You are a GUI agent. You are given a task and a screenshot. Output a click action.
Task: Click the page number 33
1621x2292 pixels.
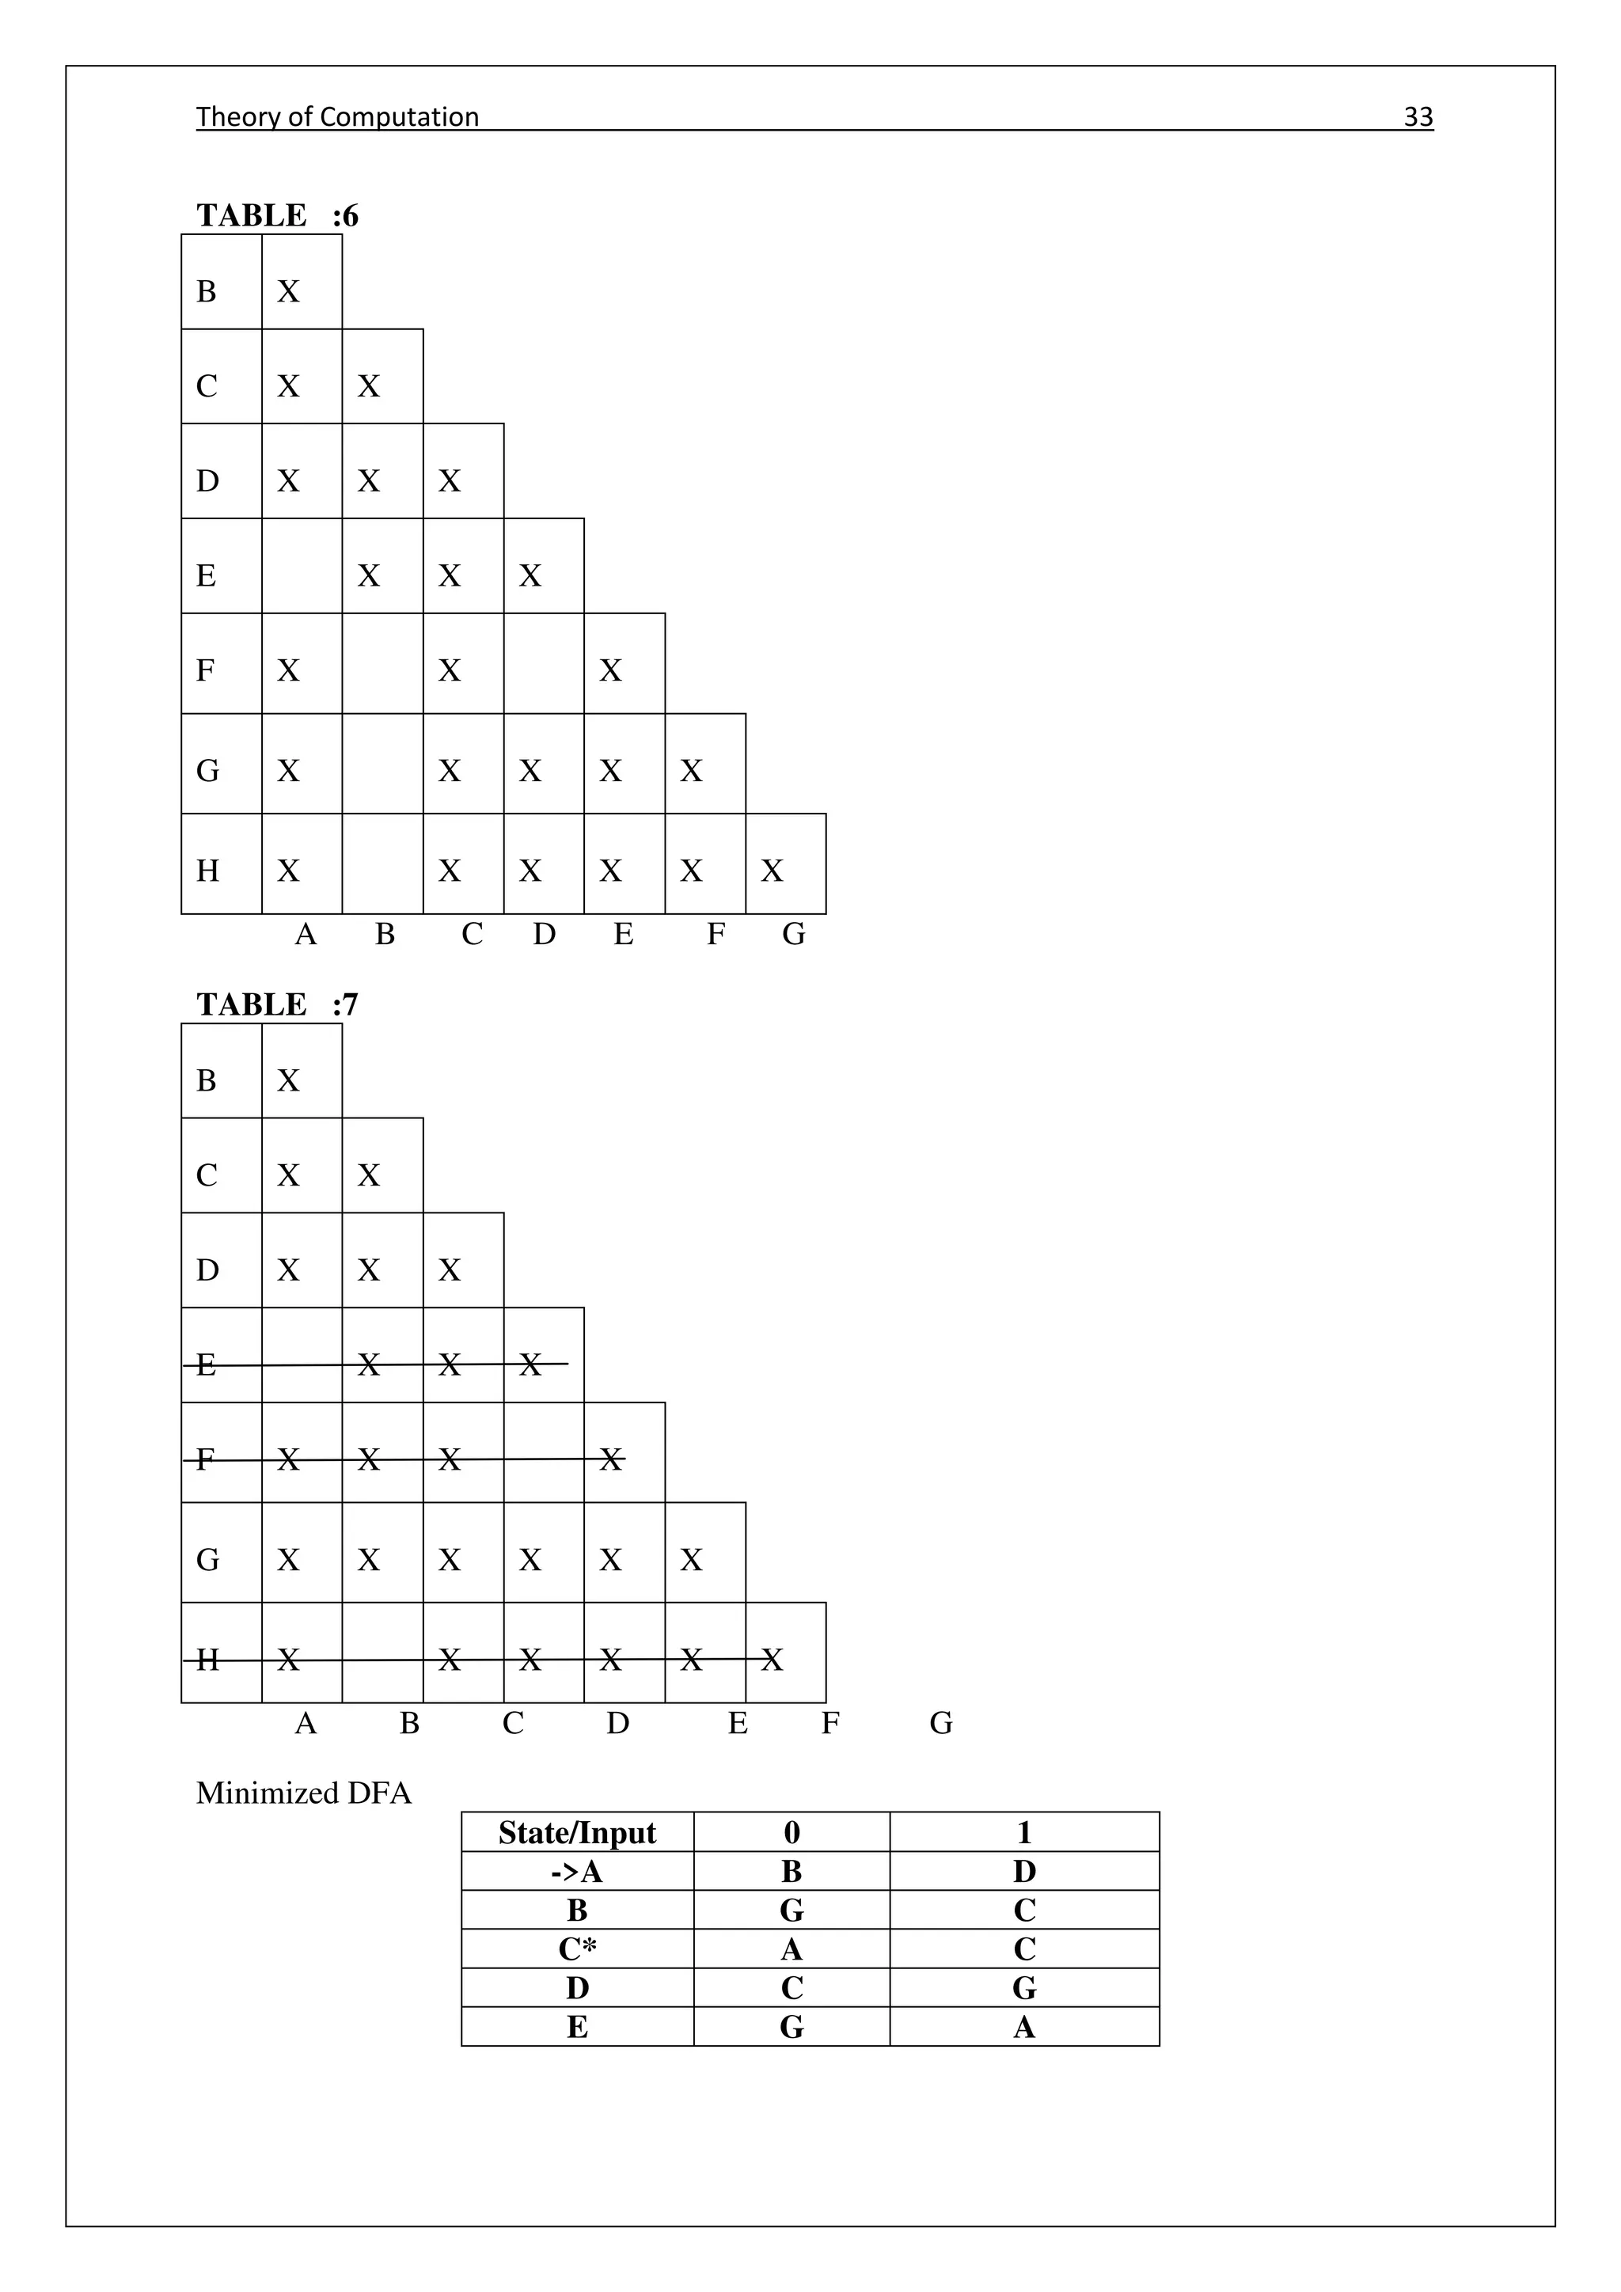(x=1418, y=117)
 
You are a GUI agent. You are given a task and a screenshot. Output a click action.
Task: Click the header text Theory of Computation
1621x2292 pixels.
(x=337, y=117)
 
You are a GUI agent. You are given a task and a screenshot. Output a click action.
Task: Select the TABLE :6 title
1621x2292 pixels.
(x=276, y=215)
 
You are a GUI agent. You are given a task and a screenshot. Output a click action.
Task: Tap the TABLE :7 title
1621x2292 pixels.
(x=276, y=1004)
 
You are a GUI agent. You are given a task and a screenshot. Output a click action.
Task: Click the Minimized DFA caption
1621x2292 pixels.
(x=303, y=1794)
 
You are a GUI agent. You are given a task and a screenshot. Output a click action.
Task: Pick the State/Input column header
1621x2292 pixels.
(x=577, y=1833)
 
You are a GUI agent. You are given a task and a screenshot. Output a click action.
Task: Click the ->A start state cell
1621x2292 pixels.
(x=577, y=1872)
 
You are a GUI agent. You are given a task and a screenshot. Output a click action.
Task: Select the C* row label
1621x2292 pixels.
(x=577, y=1949)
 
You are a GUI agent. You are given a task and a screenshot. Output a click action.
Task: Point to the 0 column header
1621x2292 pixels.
(x=792, y=1833)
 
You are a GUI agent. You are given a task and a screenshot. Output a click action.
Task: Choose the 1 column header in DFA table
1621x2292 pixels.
(x=1024, y=1833)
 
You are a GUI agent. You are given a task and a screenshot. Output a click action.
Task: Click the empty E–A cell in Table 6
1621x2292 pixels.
(x=302, y=566)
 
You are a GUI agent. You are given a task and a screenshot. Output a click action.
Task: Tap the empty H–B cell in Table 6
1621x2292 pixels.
(x=382, y=863)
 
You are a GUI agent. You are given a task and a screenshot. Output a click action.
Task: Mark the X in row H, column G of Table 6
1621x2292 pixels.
(x=772, y=871)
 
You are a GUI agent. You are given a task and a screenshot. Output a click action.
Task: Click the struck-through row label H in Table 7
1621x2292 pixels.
(x=207, y=1660)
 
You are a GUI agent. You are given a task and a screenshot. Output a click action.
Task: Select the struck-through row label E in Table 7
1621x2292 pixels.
(x=206, y=1364)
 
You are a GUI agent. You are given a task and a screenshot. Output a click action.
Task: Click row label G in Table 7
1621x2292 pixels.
(x=207, y=1560)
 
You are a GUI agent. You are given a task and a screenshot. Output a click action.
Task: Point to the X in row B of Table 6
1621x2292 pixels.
(x=288, y=291)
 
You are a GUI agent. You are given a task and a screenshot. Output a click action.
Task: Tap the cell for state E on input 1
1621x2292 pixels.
(x=1024, y=2028)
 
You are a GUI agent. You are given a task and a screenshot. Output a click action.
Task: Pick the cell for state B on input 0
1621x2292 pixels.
(x=792, y=1911)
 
